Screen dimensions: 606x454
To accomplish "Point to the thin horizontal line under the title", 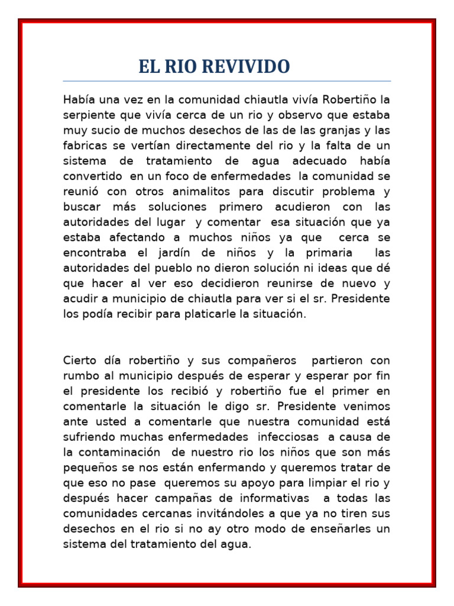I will coord(227,81).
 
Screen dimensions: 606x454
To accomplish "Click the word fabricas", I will coord(83,145).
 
